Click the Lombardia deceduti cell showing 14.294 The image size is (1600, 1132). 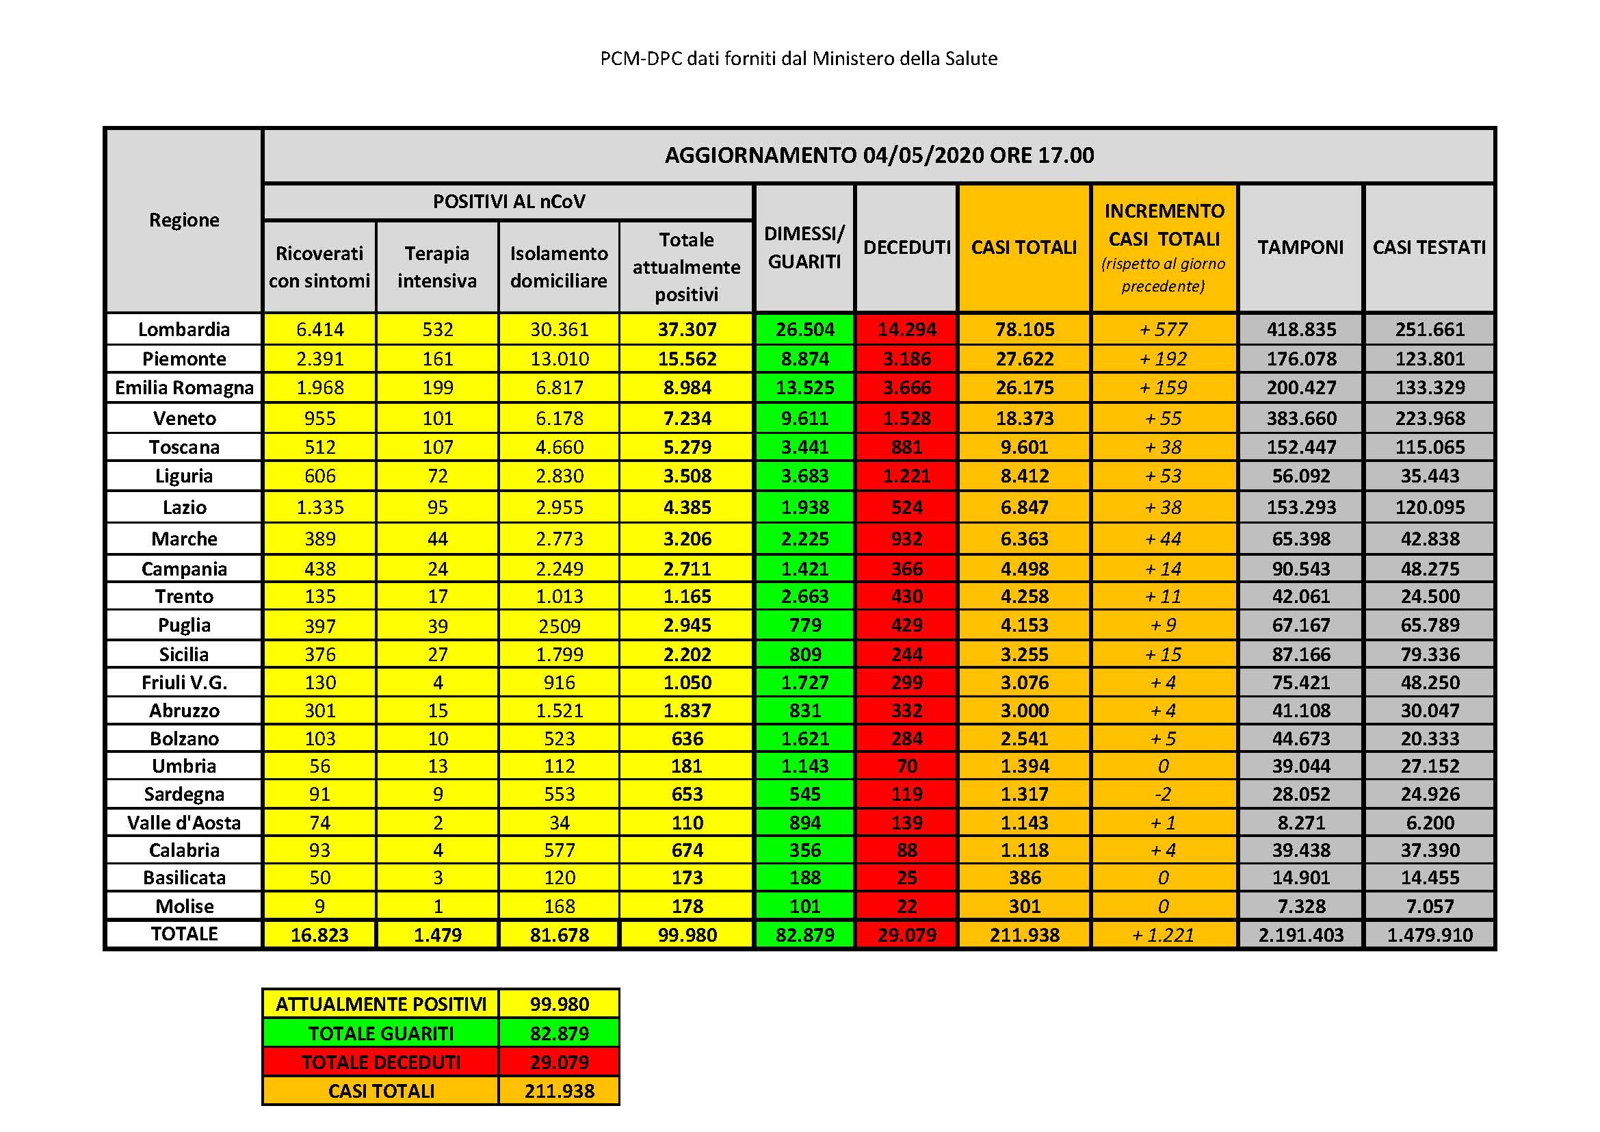(906, 329)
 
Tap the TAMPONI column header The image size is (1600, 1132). (1300, 248)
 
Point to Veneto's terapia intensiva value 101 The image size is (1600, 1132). (437, 418)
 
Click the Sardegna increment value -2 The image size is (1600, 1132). (1163, 794)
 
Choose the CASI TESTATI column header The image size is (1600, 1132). (1428, 248)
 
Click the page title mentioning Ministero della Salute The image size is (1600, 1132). (798, 59)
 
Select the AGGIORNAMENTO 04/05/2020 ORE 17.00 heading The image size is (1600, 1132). (879, 155)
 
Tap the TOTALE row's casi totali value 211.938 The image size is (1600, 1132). (1024, 935)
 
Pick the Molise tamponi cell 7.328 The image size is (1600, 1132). (1300, 906)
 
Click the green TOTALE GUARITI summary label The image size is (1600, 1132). (380, 1033)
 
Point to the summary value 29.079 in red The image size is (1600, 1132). (559, 1062)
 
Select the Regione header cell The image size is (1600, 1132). (184, 220)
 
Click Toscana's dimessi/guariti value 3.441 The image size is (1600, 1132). (804, 447)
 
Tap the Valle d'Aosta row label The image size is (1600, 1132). (184, 823)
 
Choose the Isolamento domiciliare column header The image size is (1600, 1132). (559, 267)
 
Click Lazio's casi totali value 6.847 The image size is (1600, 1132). (1024, 507)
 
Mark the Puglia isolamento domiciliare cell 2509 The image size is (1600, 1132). (559, 626)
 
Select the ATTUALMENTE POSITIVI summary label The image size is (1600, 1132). (380, 1004)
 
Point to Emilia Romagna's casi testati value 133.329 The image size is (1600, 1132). (1429, 387)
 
